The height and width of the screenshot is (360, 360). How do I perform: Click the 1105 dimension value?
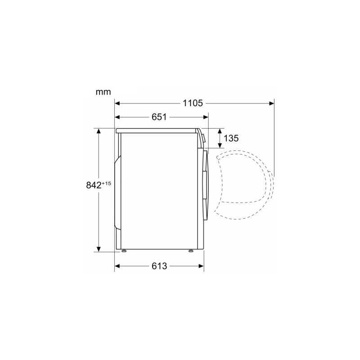[x=193, y=103]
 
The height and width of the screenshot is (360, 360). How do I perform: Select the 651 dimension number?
[x=159, y=117]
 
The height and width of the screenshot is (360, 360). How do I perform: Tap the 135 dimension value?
[x=231, y=138]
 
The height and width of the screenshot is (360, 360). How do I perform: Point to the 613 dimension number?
[x=159, y=266]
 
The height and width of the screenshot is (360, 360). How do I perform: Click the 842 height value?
[x=94, y=185]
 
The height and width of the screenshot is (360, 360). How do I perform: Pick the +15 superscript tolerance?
[x=106, y=184]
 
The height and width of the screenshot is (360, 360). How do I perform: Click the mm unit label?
[x=103, y=92]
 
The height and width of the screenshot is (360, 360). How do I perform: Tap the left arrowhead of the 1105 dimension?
[x=117, y=103]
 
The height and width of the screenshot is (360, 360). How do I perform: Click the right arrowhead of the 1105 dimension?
[x=272, y=103]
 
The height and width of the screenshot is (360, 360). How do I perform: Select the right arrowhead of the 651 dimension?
[x=206, y=117]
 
